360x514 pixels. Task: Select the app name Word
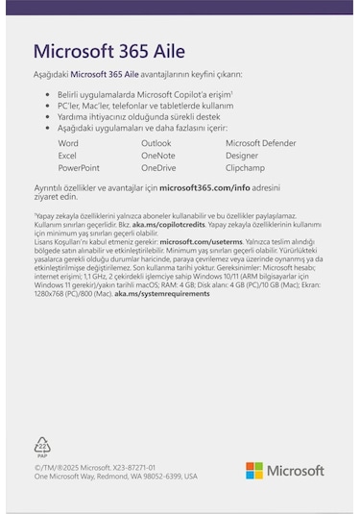click(68, 142)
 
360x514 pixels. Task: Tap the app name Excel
click(67, 155)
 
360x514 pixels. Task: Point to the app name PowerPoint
click(79, 167)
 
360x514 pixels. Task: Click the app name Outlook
click(156, 142)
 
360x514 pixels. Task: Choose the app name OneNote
click(158, 155)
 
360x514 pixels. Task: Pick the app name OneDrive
click(158, 167)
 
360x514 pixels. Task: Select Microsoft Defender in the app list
click(261, 142)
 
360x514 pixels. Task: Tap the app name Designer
click(242, 155)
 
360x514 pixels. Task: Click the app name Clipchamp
click(246, 167)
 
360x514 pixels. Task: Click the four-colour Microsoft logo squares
click(253, 470)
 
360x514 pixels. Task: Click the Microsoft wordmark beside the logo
click(295, 471)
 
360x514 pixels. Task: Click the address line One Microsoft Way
click(115, 476)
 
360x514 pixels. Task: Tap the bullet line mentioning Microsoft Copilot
click(145, 95)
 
